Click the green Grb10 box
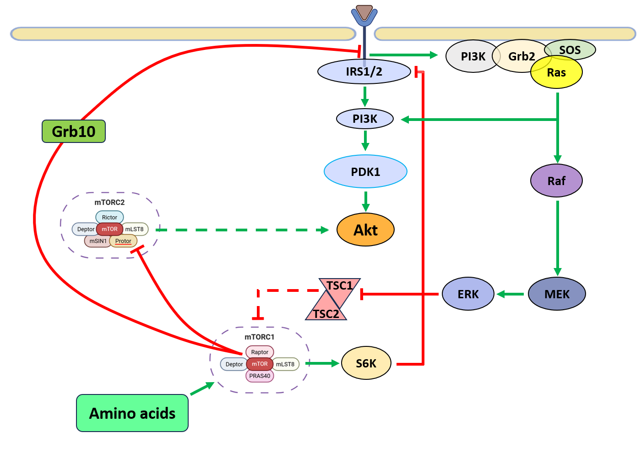coord(74,131)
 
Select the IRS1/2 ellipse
coord(364,72)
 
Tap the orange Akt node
coord(365,230)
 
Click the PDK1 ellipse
coord(365,172)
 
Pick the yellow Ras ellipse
coord(556,73)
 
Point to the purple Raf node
coord(556,181)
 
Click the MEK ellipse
coord(557,294)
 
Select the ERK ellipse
coord(468,294)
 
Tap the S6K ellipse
coord(366,363)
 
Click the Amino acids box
coord(132,413)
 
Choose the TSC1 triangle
coord(341,286)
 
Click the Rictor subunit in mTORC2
coord(109,217)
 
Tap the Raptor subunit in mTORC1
coord(260,352)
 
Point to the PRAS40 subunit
coord(260,376)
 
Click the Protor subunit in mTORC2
coord(123,241)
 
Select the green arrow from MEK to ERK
coord(510,294)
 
